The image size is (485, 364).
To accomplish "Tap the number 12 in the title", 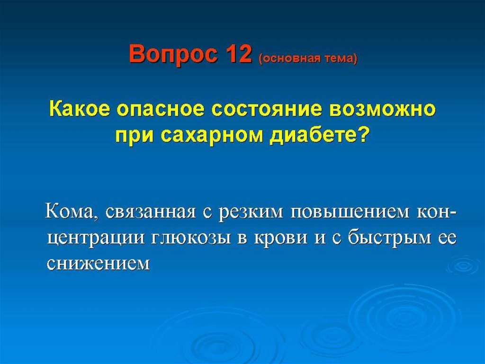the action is click(x=239, y=53).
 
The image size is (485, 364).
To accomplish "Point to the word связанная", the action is click(x=151, y=213).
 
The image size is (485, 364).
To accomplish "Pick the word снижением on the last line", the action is click(x=99, y=263).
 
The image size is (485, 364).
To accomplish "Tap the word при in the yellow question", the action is click(x=134, y=137).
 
